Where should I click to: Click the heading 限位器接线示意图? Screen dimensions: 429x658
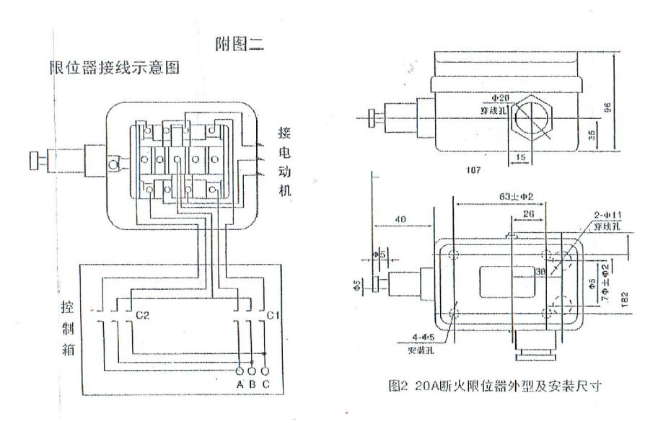pos(113,68)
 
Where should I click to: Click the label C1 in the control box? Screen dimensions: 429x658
pos(273,315)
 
